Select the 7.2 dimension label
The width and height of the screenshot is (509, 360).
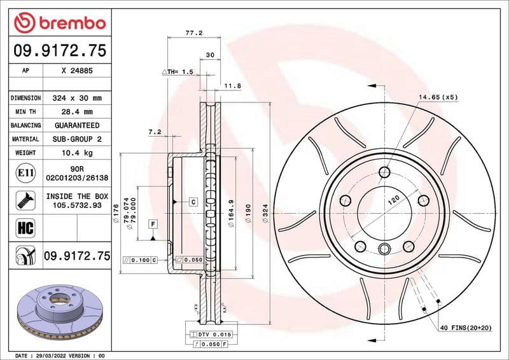pyautogui.click(x=154, y=132)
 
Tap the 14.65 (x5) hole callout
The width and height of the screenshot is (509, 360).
pyautogui.click(x=438, y=97)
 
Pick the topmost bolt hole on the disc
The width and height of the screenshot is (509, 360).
pyautogui.click(x=384, y=172)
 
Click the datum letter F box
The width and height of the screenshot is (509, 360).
pyautogui.click(x=153, y=224)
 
